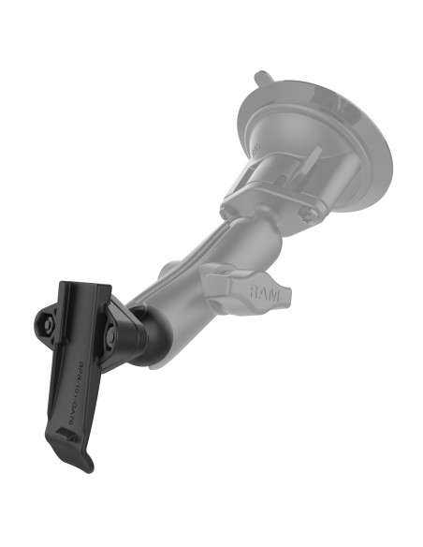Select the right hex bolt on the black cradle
point(110,329)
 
